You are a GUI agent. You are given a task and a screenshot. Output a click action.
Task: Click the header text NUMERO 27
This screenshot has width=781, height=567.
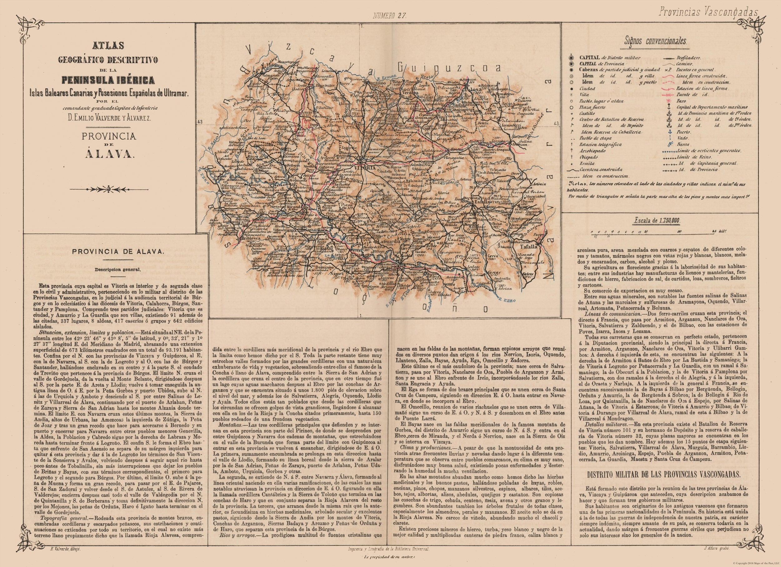(x=390, y=15)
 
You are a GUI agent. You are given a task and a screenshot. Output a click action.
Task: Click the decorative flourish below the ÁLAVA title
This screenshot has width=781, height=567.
(x=109, y=188)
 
